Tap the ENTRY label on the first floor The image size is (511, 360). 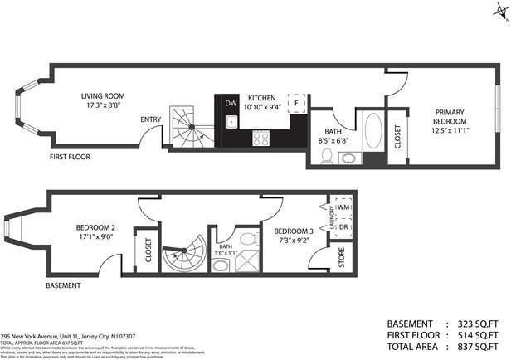click(150, 119)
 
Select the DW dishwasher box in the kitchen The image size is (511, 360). click(231, 103)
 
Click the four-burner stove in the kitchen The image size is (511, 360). click(261, 137)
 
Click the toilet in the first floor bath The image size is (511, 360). click(326, 156)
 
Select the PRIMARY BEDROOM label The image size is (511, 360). click(449, 116)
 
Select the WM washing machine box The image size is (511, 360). click(343, 207)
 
